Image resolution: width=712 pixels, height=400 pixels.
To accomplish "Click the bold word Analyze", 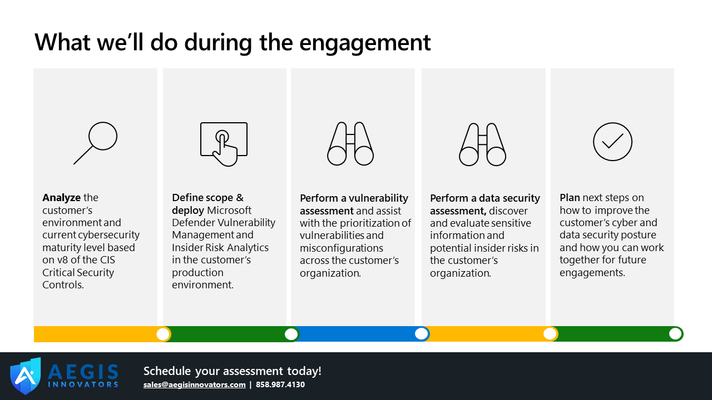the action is point(61,198).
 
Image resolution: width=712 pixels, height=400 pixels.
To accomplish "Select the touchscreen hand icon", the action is point(224,144).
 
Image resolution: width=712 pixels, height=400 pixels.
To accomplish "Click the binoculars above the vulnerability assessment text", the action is point(350,143).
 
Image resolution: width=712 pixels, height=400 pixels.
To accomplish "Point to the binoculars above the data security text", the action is point(482,144).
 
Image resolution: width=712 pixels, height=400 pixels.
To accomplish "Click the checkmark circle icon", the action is point(612,142).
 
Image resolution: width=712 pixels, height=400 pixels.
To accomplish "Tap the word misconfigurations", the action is point(342,248).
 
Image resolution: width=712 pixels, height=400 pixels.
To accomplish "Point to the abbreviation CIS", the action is point(107,259).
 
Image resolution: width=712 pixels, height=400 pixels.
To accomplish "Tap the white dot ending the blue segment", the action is point(422,334).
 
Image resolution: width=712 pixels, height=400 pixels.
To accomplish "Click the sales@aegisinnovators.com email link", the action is point(194,384).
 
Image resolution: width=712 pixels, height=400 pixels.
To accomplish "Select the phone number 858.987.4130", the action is point(280,384).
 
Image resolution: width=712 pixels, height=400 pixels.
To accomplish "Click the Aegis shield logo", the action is point(26,376).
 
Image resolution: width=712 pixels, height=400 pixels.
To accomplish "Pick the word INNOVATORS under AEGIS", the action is point(83,384).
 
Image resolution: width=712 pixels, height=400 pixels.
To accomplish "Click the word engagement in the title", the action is point(365,43).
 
